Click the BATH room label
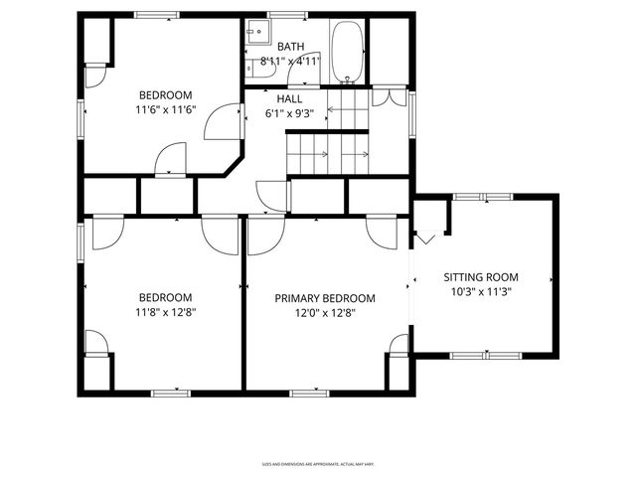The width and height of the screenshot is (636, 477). [x=291, y=47]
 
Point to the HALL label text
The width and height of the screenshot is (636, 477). [x=289, y=99]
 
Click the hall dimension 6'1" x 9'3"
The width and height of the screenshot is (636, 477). [x=289, y=113]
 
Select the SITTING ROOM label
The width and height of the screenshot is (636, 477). [x=481, y=277]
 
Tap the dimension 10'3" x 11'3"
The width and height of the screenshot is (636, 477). [x=481, y=292]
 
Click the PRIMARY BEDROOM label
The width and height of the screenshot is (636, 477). [x=325, y=298]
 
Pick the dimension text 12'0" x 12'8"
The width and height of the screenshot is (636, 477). [x=325, y=313]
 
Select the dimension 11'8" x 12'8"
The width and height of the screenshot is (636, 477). [x=165, y=313]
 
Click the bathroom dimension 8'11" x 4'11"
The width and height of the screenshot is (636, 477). [x=291, y=61]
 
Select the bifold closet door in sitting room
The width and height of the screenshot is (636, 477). [x=426, y=238]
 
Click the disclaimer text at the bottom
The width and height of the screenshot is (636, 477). [x=317, y=463]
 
